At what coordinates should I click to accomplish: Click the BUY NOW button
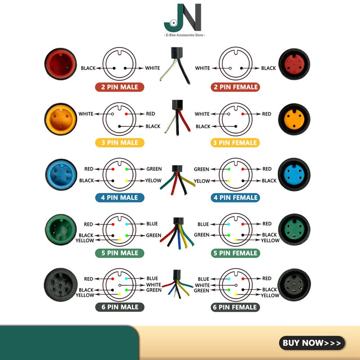pos(312,343)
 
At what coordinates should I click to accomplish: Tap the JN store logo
pos(182,18)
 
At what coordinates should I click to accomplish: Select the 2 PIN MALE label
pos(119,87)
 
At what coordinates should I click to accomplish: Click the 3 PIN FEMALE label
pos(235,143)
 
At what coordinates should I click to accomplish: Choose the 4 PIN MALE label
pos(119,198)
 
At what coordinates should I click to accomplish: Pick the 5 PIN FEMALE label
pos(235,253)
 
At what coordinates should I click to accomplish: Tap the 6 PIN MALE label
pos(119,307)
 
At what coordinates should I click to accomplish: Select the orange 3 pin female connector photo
pos(295,120)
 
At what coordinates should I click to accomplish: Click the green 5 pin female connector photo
pos(295,230)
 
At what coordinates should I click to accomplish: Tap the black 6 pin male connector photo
pos(61,285)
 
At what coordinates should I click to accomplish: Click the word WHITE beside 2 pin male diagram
pos(152,68)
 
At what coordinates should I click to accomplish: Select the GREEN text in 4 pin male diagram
pos(154,169)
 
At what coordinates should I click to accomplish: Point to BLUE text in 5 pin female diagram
pos(203,224)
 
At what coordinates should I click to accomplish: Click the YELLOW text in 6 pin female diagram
pos(270,296)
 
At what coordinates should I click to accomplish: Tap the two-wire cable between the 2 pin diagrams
pos(173,65)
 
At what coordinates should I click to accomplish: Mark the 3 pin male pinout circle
pos(119,119)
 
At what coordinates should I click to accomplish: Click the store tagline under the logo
pos(182,35)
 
